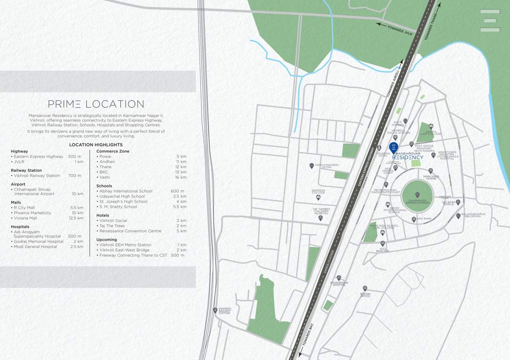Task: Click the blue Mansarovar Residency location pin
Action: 394,147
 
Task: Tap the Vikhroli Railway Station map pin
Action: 215,310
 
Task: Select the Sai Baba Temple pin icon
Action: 458,202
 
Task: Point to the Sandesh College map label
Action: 319,192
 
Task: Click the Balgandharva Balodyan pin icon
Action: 458,216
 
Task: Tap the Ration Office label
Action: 365,295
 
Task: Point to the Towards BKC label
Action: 308,335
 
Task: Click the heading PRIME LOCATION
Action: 96,104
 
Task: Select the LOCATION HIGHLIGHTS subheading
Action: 96,145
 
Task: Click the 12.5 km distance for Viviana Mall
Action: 76,218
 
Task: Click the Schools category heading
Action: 104,186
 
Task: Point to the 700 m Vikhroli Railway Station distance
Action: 75,176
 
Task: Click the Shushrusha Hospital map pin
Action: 339,278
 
